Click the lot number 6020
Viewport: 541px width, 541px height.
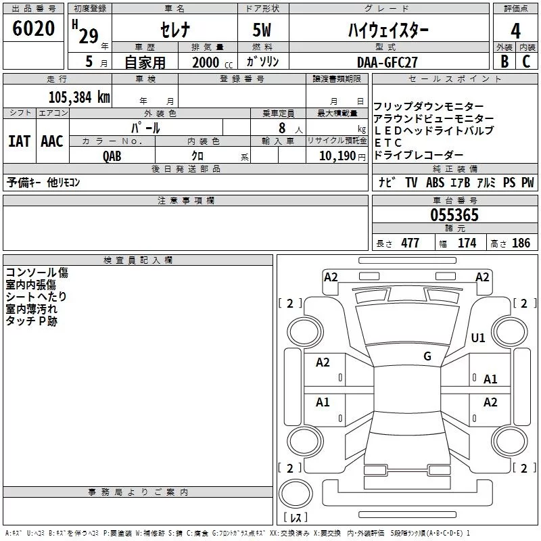click(x=33, y=29)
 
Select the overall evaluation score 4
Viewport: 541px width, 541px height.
click(x=516, y=31)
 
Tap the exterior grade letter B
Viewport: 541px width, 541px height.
click(x=504, y=61)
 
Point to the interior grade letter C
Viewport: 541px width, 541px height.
click(x=527, y=61)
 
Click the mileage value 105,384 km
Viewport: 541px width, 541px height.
click(x=78, y=97)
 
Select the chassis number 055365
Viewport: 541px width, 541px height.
click(x=454, y=215)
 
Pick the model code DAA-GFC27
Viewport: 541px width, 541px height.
click(x=387, y=62)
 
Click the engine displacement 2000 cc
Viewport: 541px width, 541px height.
click(x=210, y=62)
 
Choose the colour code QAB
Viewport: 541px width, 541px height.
click(x=112, y=156)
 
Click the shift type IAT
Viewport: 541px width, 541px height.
click(x=20, y=141)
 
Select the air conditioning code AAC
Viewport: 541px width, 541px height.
click(x=51, y=141)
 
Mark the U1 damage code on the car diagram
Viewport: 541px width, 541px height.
click(x=478, y=337)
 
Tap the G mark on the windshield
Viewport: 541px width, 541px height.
click(x=427, y=356)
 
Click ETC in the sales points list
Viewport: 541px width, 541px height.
click(x=388, y=143)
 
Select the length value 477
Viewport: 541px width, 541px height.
click(x=409, y=243)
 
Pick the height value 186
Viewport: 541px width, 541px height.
click(x=521, y=243)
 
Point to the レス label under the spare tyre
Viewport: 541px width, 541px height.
click(x=296, y=517)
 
